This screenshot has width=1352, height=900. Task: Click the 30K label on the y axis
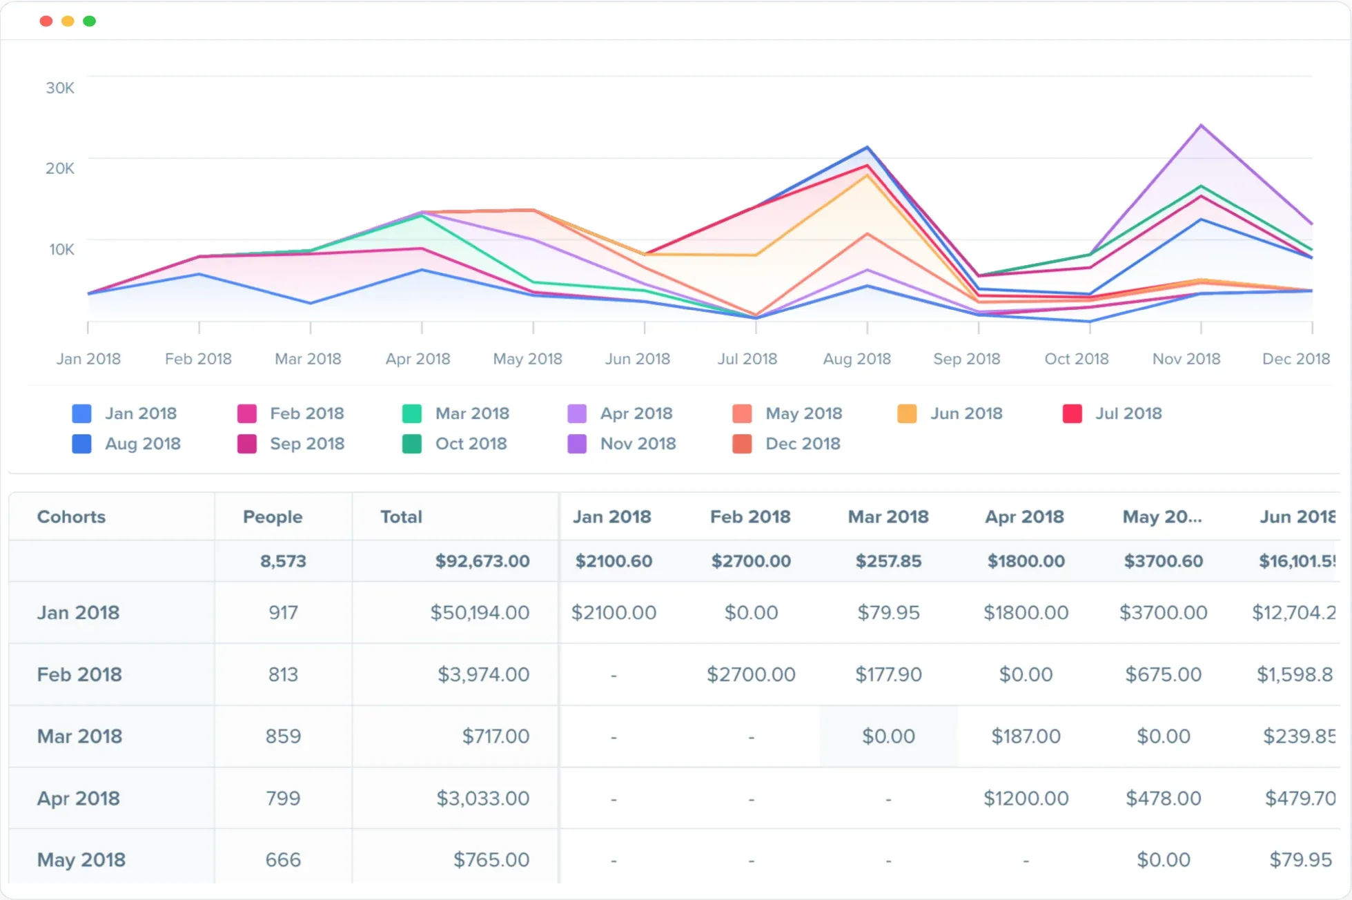[x=60, y=88]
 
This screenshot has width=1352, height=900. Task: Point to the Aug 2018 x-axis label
[x=856, y=359]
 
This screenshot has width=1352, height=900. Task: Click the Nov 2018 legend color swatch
[x=577, y=444]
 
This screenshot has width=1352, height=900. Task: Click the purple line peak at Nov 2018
[x=1202, y=125]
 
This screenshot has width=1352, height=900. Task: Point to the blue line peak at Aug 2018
[x=868, y=147]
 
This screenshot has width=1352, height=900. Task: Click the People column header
[x=273, y=517]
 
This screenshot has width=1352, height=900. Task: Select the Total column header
[x=401, y=517]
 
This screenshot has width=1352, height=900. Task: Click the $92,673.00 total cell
[x=482, y=561]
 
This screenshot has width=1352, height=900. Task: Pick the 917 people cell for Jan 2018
[x=283, y=612]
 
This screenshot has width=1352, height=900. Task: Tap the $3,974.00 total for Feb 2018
[x=483, y=674]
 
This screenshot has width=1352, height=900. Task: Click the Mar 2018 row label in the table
[x=79, y=736]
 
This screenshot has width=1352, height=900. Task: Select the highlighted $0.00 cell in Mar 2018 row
[x=888, y=736]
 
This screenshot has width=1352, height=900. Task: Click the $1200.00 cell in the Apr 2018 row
[x=1026, y=799]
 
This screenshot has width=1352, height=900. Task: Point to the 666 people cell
[x=283, y=860]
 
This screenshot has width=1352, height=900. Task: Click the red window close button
[x=46, y=21]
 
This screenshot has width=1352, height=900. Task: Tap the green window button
[x=90, y=21]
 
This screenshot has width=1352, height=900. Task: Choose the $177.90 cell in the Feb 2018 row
[x=888, y=674]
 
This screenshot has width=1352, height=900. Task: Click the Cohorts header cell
[x=71, y=517]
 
